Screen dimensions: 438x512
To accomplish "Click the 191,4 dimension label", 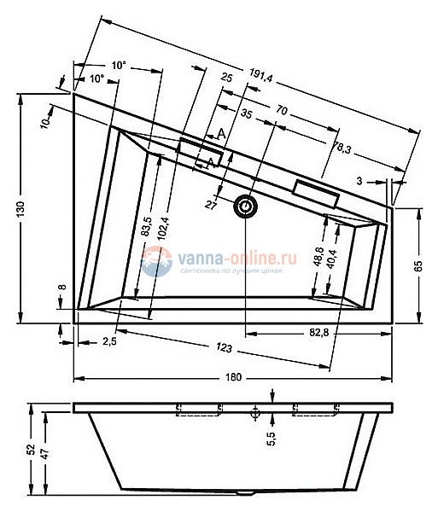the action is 260,76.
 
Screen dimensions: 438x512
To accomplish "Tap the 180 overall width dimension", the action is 234,377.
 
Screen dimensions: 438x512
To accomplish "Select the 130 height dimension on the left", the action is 20,209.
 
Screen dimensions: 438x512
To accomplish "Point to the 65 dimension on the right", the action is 419,265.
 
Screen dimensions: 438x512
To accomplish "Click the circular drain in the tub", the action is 245,207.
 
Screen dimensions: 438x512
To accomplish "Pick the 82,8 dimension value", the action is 318,333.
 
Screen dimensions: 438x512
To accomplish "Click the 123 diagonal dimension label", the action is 224,347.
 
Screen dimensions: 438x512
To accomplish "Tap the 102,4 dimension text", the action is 163,229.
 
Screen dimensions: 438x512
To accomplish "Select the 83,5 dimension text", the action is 146,226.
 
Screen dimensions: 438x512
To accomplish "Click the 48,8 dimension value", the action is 318,257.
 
